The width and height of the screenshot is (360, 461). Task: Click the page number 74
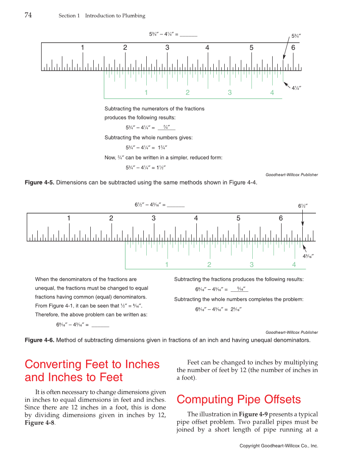[x=28, y=15]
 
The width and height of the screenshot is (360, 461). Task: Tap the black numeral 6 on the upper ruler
[x=293, y=47]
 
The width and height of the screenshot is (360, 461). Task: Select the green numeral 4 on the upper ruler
[x=272, y=92]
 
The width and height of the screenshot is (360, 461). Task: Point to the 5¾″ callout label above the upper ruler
[x=296, y=36]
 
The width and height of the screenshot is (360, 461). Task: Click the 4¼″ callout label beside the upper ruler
[x=296, y=88]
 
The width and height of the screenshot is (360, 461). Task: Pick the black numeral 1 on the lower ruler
[x=68, y=218]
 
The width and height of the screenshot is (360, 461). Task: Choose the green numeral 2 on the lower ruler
[x=209, y=265]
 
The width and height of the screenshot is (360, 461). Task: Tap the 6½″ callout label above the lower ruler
[x=302, y=206]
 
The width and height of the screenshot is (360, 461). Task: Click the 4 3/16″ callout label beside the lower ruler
[x=308, y=256]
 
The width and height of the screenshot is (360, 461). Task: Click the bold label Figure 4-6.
[x=39, y=340]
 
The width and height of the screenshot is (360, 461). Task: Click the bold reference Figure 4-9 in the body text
[x=253, y=414]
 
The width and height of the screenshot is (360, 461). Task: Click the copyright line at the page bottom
[x=279, y=446]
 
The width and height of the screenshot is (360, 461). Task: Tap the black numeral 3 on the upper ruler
[x=167, y=47]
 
